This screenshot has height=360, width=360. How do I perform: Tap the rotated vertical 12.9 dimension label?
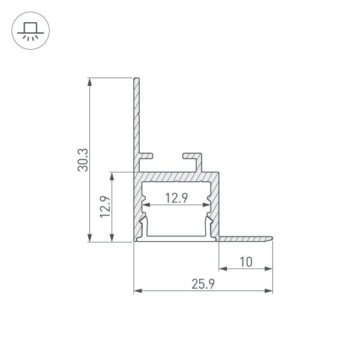pos(105,208)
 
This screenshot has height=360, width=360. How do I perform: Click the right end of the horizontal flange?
pos(271,238)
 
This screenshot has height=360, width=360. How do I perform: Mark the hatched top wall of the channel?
pos(177,178)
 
